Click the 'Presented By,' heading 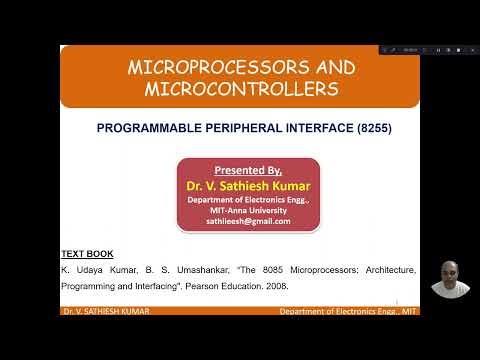(x=248, y=170)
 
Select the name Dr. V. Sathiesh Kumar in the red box (x=248, y=185)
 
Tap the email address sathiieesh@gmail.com (x=248, y=220)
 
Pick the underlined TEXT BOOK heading (x=86, y=254)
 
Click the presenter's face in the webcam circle (x=450, y=276)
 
